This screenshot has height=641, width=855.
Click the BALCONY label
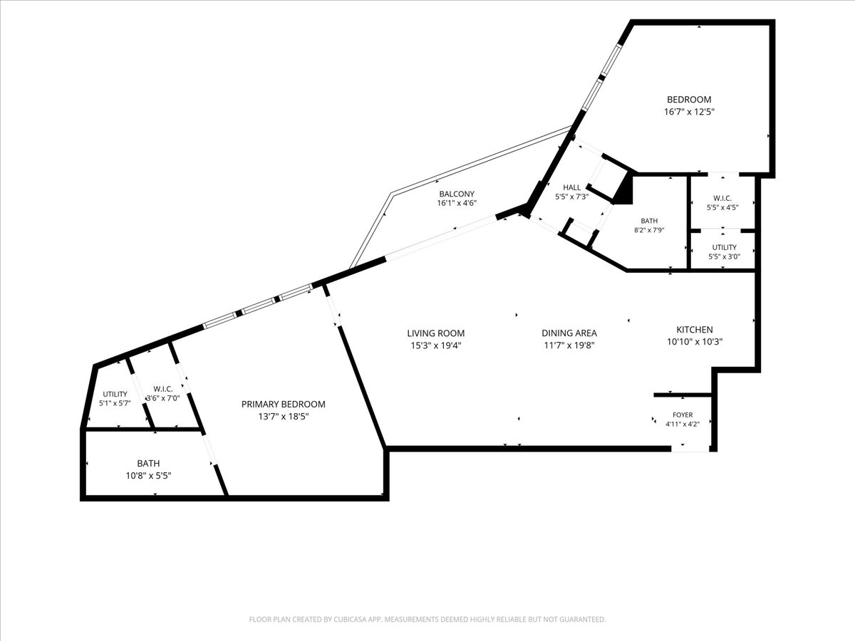pos(457,194)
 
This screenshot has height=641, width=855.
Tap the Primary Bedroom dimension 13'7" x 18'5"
pos(284,417)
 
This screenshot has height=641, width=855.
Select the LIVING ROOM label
pos(436,333)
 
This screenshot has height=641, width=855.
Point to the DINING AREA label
pos(569,333)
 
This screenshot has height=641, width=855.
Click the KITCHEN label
pos(695,330)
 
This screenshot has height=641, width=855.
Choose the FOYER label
pos(683,415)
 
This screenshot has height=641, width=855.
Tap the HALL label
pos(572,187)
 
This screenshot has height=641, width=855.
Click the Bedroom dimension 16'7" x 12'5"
pos(689,112)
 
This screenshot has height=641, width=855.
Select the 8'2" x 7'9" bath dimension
pos(649,230)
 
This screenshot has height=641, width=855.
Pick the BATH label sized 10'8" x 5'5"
pos(148,463)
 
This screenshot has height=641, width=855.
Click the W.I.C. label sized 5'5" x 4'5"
pos(722,199)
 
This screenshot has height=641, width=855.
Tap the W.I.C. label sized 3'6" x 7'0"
pos(163,389)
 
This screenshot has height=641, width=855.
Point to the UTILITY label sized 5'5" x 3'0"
pos(724,247)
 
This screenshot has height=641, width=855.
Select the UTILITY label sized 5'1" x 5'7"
pos(115,395)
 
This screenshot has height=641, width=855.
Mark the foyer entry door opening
pos(690,449)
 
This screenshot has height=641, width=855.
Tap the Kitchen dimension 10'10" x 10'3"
pos(695,342)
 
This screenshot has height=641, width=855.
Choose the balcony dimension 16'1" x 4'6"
pos(457,203)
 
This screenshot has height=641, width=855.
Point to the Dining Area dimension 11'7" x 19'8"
pos(569,345)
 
